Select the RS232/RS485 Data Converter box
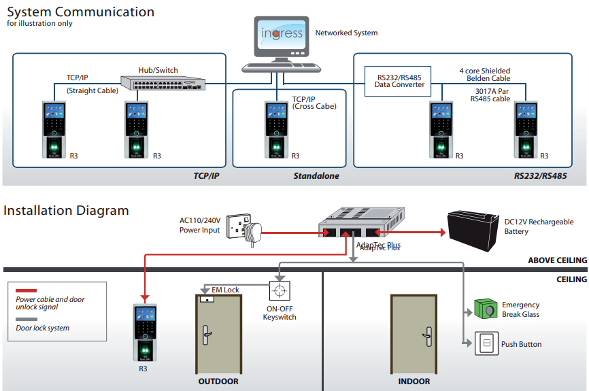[400, 80]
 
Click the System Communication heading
[80, 12]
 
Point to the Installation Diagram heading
[66, 210]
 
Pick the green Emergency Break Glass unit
[485, 309]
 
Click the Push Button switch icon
[486, 343]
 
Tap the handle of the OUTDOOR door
[205, 333]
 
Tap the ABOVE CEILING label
[557, 260]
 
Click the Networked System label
[346, 33]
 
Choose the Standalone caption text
[316, 176]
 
